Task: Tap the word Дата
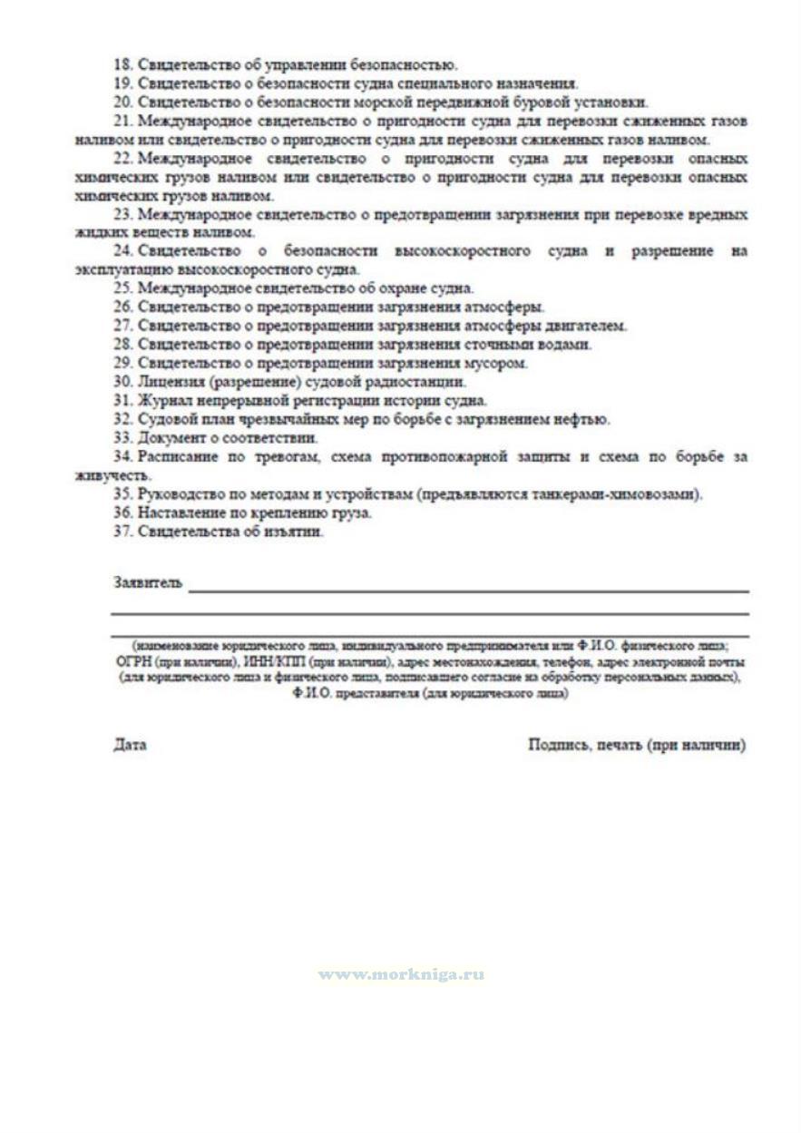130,745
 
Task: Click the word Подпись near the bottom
555,745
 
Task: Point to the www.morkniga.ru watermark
400,974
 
